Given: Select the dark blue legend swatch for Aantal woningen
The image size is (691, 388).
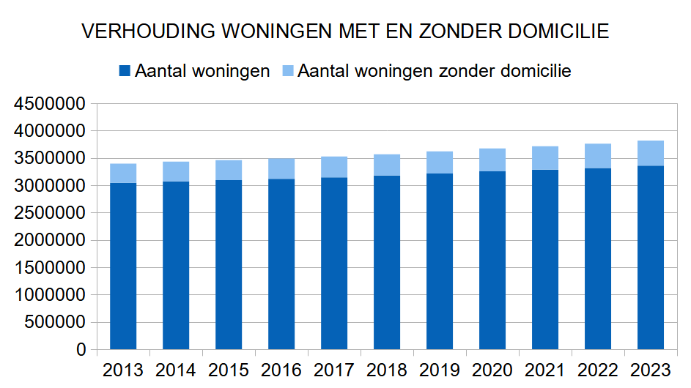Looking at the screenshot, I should pyautogui.click(x=124, y=71).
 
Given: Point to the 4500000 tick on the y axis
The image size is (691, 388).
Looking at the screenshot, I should pyautogui.click(x=49, y=104).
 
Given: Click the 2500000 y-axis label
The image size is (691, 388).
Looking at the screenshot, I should pyautogui.click(x=49, y=213).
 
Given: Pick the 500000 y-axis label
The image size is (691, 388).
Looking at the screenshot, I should pyautogui.click(x=54, y=322).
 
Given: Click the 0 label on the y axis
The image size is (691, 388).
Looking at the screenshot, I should pyautogui.click(x=81, y=350).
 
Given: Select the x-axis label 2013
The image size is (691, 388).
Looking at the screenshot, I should pyautogui.click(x=123, y=370).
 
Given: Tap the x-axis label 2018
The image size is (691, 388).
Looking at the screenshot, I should pyautogui.click(x=387, y=370).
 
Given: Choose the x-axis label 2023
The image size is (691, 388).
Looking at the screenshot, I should pyautogui.click(x=651, y=370).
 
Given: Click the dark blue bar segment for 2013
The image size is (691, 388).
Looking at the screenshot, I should pyautogui.click(x=123, y=266).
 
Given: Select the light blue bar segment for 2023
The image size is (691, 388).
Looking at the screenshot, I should pyautogui.click(x=651, y=153).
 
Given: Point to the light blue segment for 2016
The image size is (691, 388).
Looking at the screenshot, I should pyautogui.click(x=281, y=168).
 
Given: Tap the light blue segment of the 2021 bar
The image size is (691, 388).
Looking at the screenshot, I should pyautogui.click(x=545, y=158).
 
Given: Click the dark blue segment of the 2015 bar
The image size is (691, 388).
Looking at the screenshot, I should pyautogui.click(x=229, y=265).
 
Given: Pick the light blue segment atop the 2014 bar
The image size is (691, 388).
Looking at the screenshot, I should pyautogui.click(x=176, y=171).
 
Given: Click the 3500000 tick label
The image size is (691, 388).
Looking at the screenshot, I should pyautogui.click(x=49, y=159).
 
